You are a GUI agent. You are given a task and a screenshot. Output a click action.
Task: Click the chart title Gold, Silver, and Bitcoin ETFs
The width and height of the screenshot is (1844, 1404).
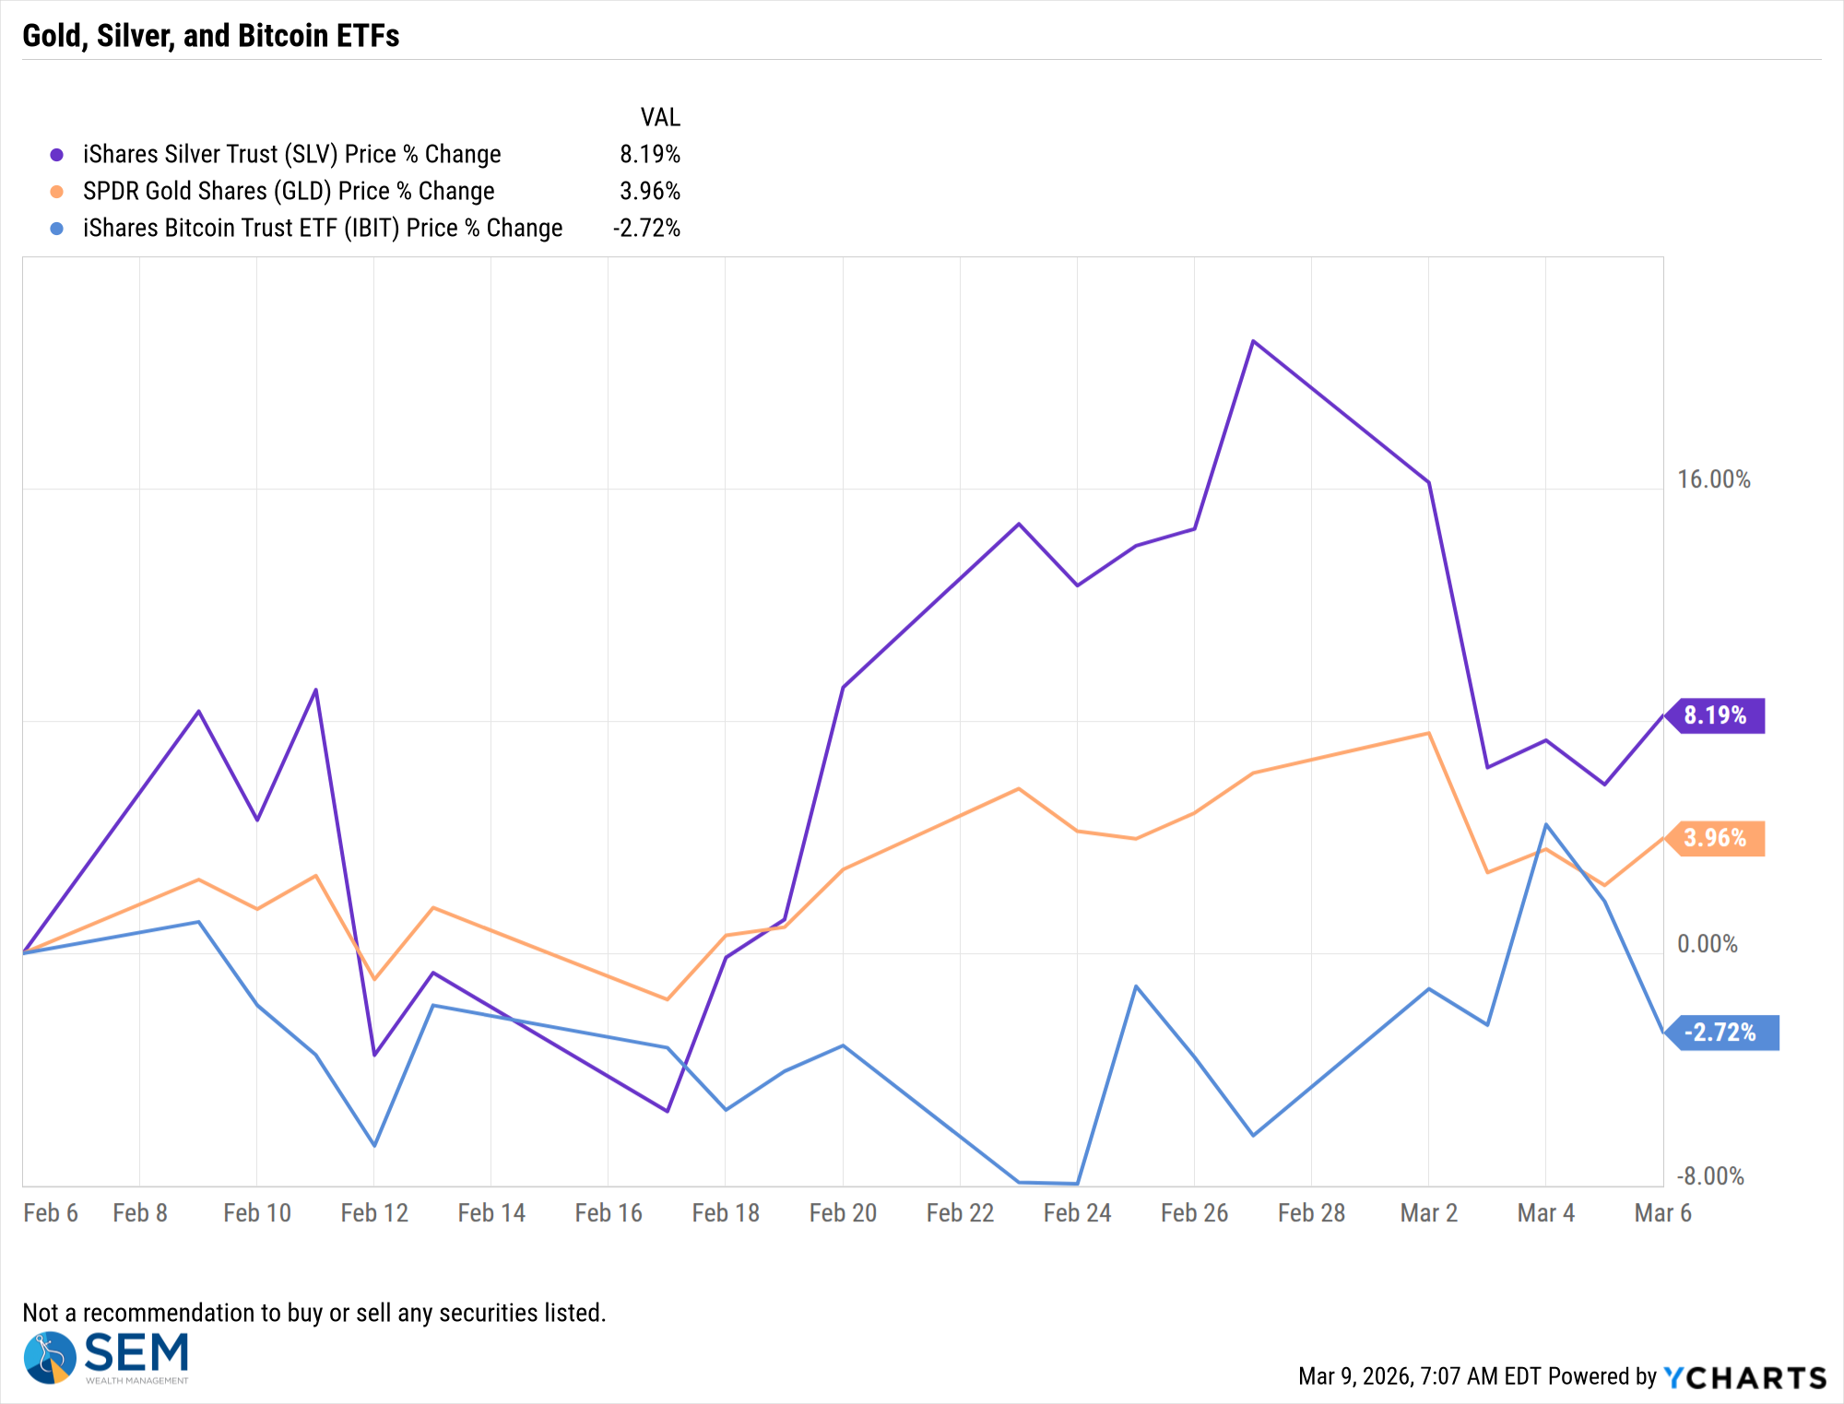pyautogui.click(x=210, y=36)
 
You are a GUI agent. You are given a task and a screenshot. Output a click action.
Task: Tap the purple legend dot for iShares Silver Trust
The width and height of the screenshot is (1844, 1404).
pyautogui.click(x=57, y=155)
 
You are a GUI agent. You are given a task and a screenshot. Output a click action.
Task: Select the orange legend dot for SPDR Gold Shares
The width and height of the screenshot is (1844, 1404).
pyautogui.click(x=57, y=192)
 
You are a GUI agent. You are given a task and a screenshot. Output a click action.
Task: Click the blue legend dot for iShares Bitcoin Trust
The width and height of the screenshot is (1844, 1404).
pyautogui.click(x=57, y=229)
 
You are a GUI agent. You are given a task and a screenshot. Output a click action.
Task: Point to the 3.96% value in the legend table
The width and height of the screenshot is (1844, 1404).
pyautogui.click(x=649, y=192)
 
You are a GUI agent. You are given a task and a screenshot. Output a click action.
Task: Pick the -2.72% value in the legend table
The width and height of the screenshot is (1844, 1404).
pyautogui.click(x=646, y=229)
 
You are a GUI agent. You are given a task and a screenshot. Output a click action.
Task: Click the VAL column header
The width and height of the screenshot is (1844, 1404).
pyautogui.click(x=660, y=118)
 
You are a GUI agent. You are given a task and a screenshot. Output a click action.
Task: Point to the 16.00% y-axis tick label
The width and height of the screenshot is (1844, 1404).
pyautogui.click(x=1713, y=479)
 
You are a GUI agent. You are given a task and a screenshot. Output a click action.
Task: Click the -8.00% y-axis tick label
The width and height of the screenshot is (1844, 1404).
pyautogui.click(x=1710, y=1176)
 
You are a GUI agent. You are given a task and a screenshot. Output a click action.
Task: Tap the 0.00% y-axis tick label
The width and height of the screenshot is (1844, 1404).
pyautogui.click(x=1707, y=944)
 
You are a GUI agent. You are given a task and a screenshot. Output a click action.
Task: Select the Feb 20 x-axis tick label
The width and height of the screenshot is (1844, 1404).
pyautogui.click(x=843, y=1213)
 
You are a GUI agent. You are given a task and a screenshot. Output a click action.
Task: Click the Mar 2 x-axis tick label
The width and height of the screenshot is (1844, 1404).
pyautogui.click(x=1428, y=1213)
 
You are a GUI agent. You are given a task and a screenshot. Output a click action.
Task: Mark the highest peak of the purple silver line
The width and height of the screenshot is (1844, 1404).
pyautogui.click(x=1252, y=341)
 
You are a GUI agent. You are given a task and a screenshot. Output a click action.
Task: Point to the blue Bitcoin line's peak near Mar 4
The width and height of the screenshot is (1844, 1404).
pyautogui.click(x=1545, y=824)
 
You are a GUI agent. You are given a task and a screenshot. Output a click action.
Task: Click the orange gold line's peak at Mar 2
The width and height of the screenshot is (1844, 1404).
pyautogui.click(x=1428, y=734)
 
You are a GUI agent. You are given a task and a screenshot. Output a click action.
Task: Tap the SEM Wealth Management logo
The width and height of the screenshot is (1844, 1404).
pyautogui.click(x=106, y=1357)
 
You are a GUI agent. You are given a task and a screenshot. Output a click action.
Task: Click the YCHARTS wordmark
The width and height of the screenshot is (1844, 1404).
pyautogui.click(x=1745, y=1377)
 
